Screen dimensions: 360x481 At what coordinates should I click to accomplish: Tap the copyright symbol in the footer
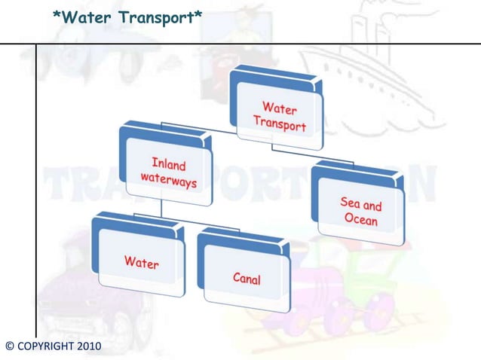pos(9,346)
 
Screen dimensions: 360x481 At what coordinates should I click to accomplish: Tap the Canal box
pos(245,275)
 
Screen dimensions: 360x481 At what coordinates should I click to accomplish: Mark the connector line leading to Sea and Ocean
pos(324,156)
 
